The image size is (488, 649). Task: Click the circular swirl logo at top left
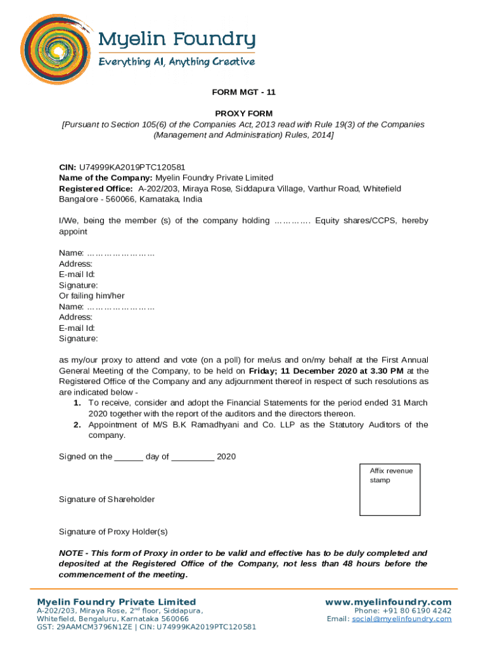click(x=54, y=49)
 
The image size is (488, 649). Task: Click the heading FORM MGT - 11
click(x=243, y=92)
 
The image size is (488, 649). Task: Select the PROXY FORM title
click(x=243, y=113)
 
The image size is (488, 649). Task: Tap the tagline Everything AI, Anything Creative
click(x=176, y=62)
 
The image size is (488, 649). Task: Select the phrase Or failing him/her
click(x=92, y=296)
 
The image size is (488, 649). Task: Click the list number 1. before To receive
click(x=77, y=403)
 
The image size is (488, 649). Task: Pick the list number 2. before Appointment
click(x=77, y=425)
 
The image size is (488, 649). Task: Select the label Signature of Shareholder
click(x=106, y=499)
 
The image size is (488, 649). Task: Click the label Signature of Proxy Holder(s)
click(x=113, y=532)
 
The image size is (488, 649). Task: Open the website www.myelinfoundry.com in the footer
click(x=388, y=602)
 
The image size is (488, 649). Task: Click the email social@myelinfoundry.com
click(x=402, y=619)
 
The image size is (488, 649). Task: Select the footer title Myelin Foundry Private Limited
click(x=117, y=602)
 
